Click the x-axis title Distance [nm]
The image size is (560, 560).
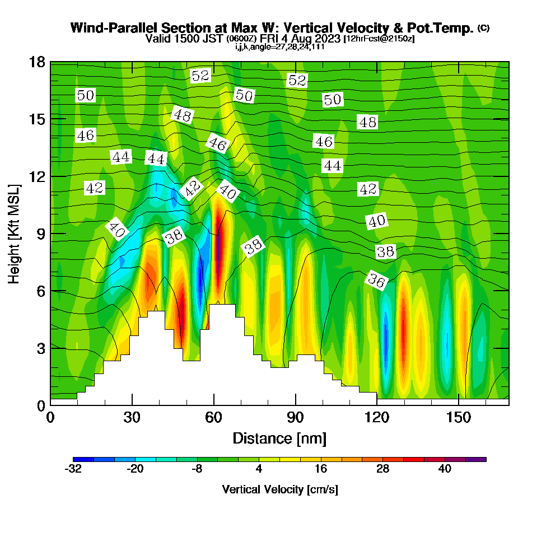point(279,438)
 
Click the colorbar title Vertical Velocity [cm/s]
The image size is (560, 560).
point(279,489)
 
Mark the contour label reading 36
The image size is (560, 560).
point(376,281)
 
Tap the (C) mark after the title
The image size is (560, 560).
point(483,27)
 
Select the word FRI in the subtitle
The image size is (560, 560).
point(271,39)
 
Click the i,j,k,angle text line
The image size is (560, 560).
point(279,47)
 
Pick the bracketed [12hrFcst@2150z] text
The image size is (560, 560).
point(380,39)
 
